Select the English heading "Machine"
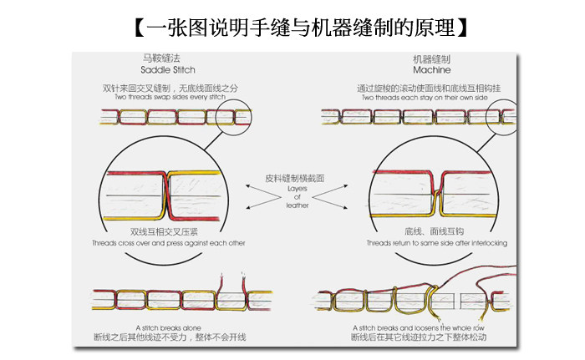pyautogui.click(x=431, y=70)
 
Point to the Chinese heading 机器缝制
pyautogui.click(x=431, y=59)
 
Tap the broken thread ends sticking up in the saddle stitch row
pyautogui.click(x=231, y=282)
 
